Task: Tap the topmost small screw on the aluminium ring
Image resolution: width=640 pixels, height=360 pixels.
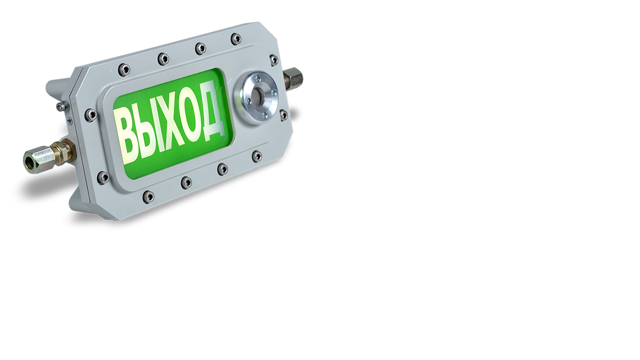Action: point(258,77)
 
